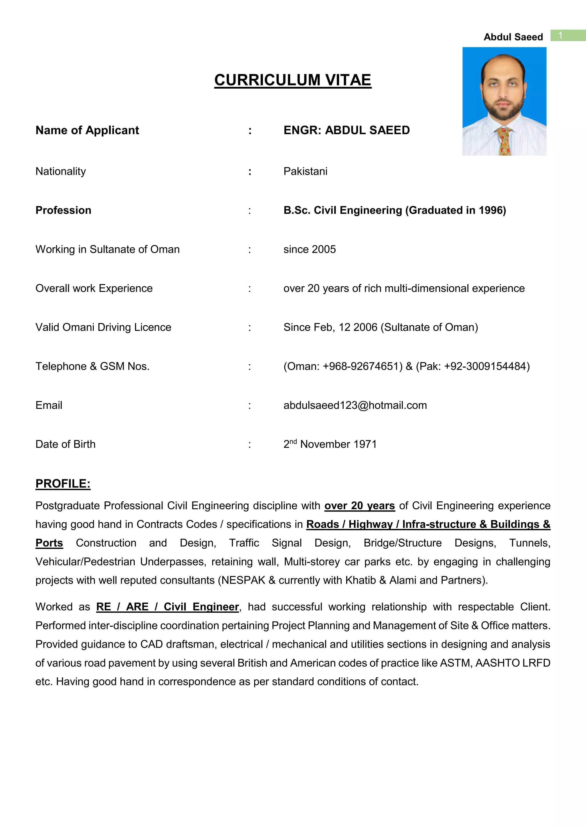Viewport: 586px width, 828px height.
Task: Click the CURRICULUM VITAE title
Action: coord(293,80)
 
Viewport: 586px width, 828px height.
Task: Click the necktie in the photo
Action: coord(504,141)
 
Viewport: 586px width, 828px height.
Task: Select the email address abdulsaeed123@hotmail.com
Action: coord(355,405)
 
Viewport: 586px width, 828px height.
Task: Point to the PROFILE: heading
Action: coord(63,483)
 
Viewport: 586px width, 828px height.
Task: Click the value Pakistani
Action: coord(305,171)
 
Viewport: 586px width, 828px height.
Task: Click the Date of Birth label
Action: coord(65,444)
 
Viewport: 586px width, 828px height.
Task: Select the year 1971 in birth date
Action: coord(365,444)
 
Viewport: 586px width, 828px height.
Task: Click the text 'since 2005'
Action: coord(309,249)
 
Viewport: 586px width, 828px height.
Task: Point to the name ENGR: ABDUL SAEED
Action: coord(347,130)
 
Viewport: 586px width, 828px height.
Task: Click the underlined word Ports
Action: coord(49,543)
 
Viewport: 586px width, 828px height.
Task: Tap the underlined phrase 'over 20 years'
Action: coord(359,505)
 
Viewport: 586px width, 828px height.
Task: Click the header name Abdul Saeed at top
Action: coord(513,37)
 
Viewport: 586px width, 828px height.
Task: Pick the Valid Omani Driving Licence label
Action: coord(103,327)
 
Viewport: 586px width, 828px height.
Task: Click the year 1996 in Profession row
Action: coord(490,210)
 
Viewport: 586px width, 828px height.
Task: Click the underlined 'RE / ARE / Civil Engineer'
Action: coord(167,607)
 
